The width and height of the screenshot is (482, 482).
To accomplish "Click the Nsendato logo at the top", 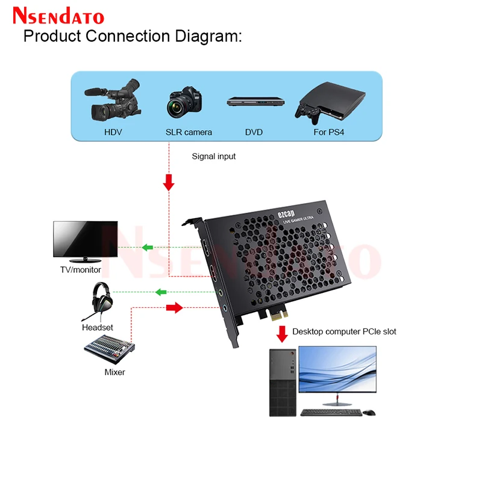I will point(58,16).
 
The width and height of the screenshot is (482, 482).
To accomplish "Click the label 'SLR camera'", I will point(189,132).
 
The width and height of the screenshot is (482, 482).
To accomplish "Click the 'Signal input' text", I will point(214,156).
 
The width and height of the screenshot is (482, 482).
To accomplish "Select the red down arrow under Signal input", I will point(169,182).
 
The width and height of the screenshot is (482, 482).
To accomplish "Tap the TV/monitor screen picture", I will point(84,239).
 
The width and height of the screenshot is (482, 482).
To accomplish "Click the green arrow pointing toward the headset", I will point(161,292).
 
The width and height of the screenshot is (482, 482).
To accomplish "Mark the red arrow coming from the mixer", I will point(174,308).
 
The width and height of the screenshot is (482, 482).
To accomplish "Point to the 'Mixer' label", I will point(114,372).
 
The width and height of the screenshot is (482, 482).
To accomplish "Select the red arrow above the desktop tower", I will point(281,333).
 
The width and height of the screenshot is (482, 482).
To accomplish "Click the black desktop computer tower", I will point(283,382).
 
